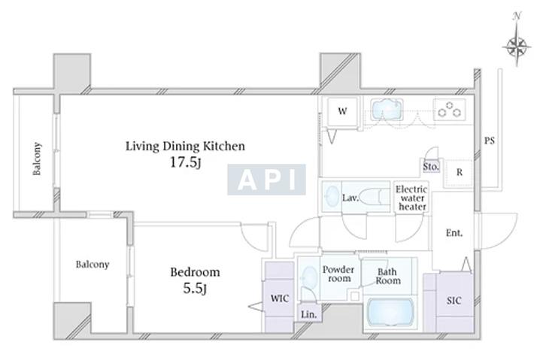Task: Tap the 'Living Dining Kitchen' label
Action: click(185, 146)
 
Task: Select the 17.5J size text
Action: click(185, 162)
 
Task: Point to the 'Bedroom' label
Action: click(195, 272)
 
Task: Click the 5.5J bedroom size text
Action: click(195, 289)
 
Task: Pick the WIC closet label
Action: click(280, 298)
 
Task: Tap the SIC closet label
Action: click(454, 301)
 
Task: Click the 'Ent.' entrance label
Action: click(454, 233)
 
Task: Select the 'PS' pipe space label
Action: click(490, 141)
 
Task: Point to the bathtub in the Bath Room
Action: click(390, 313)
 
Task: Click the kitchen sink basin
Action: click(386, 109)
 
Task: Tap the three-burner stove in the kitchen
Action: click(449, 109)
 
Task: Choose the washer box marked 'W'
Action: click(342, 111)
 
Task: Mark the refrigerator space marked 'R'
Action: click(459, 173)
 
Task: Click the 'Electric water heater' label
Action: click(411, 198)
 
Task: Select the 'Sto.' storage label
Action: click(431, 167)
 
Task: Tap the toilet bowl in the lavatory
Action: click(369, 198)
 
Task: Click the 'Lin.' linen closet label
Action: click(309, 315)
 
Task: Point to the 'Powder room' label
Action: click(338, 274)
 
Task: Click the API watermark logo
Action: click(267, 180)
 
